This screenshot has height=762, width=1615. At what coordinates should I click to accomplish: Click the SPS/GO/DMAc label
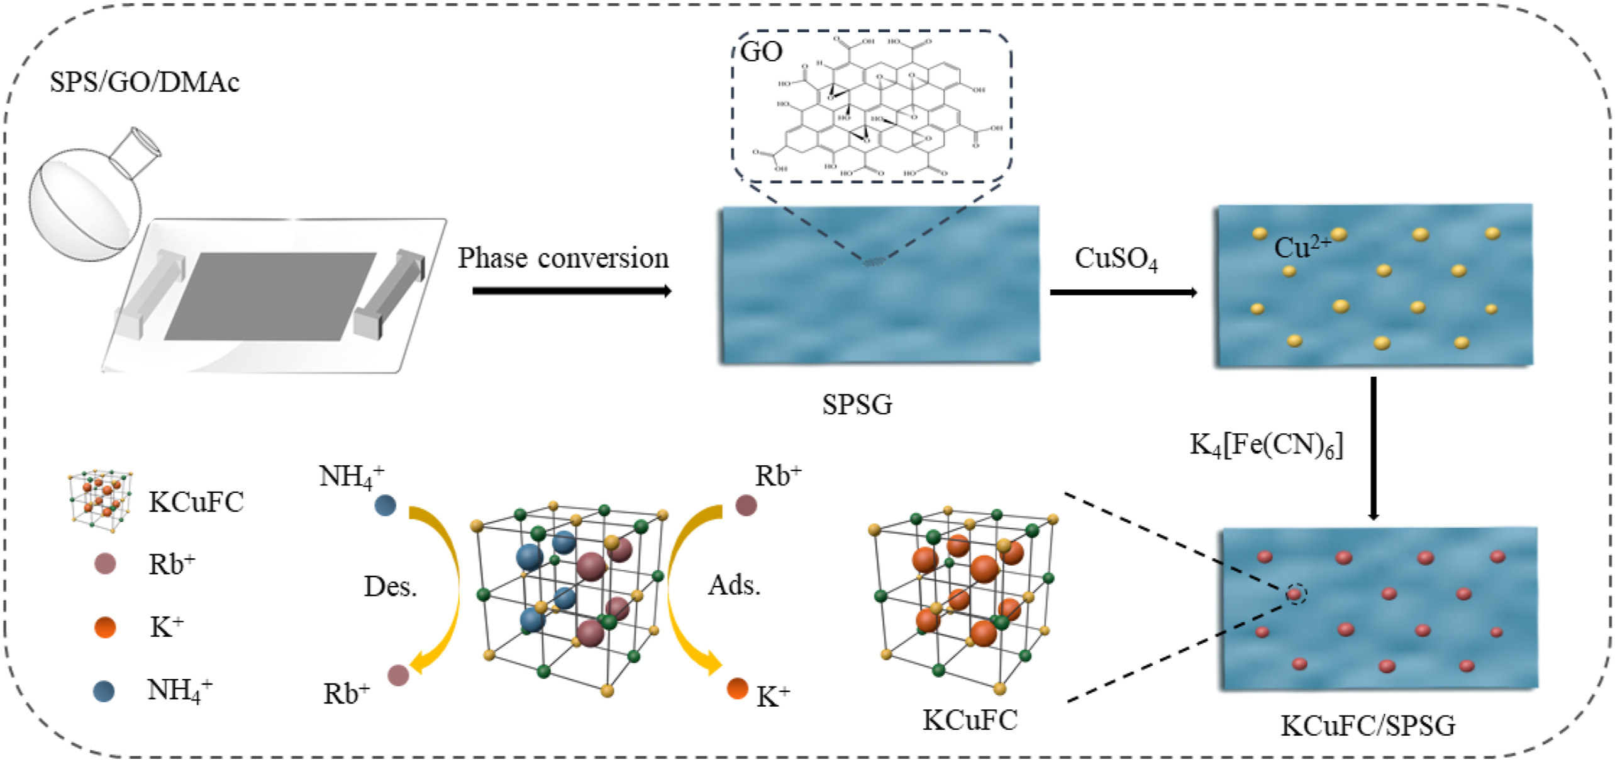coord(144,82)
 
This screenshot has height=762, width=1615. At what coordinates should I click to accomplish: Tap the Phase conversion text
coord(563,258)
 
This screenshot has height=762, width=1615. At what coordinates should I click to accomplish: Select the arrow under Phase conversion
coord(571,290)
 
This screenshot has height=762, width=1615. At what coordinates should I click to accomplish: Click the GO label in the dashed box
coord(762,52)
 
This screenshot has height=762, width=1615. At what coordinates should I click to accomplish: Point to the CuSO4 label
coord(1116,258)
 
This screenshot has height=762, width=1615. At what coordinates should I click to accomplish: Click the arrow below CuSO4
coord(1123,292)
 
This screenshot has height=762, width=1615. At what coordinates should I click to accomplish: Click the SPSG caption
coord(857,404)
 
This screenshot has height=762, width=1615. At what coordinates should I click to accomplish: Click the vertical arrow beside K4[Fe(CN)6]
coord(1374,448)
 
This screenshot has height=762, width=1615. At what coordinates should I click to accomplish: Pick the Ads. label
coord(734,585)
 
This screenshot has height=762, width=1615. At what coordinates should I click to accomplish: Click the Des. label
coord(391,587)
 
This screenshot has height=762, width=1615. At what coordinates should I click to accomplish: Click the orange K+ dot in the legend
coord(105,627)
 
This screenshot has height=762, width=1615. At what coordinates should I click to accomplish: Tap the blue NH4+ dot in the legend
coord(104,691)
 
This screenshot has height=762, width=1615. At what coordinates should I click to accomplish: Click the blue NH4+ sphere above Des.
coord(385,505)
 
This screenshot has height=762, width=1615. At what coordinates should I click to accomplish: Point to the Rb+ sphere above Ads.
coord(746,505)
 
